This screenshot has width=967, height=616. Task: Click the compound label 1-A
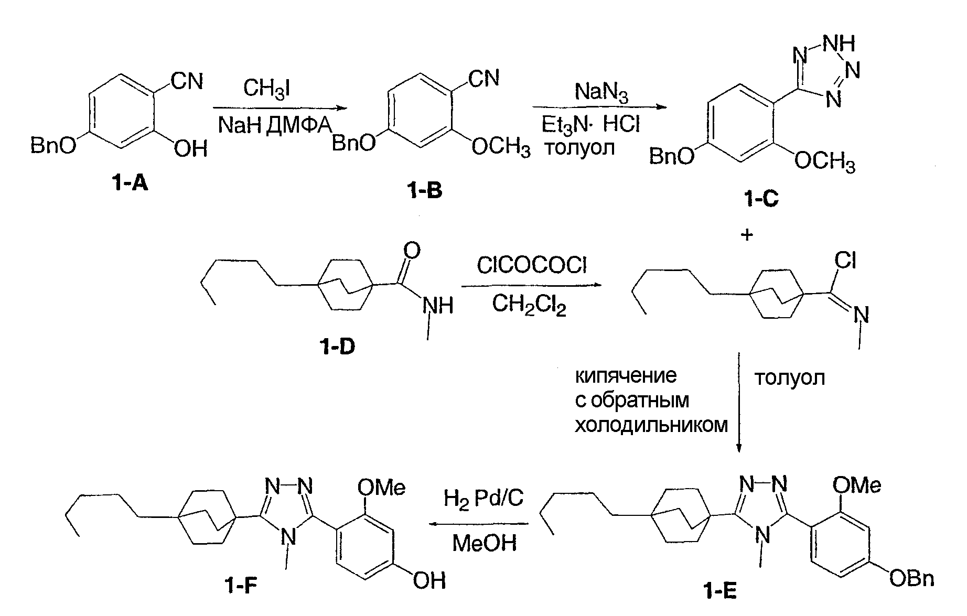coord(129,183)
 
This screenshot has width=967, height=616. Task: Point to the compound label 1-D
coord(336,346)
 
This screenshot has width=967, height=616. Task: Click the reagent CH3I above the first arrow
coord(267,89)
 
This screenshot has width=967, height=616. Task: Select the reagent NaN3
coord(601,92)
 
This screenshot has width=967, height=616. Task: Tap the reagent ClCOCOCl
coord(532,266)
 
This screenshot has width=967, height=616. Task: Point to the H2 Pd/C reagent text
coord(483,498)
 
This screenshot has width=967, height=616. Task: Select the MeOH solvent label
coord(484,543)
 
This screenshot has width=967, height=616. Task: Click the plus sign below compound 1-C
coord(747,235)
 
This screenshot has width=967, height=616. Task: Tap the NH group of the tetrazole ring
coord(840,44)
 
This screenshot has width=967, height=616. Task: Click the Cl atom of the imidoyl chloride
coord(845,261)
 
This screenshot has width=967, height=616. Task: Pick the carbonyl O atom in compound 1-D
coord(413,251)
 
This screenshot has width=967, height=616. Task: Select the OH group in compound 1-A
coord(190,149)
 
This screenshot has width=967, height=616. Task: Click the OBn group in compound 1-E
coord(912,579)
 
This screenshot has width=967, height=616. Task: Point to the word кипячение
coord(626,376)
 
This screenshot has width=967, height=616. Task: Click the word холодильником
coord(651,425)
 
